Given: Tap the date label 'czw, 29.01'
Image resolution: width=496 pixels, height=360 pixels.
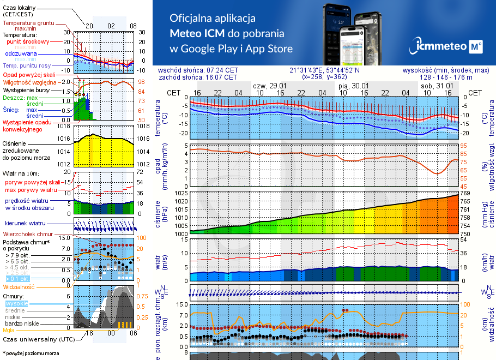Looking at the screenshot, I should click(x=270, y=86).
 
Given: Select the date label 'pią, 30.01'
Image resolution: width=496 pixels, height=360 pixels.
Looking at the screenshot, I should click(x=353, y=86).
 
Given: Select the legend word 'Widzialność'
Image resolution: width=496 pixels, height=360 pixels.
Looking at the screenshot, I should click(x=19, y=286).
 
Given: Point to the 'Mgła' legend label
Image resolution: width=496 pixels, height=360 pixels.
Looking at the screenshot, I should click(x=9, y=330).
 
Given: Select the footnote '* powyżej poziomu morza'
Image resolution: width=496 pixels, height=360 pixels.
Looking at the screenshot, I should click(x=31, y=353).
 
